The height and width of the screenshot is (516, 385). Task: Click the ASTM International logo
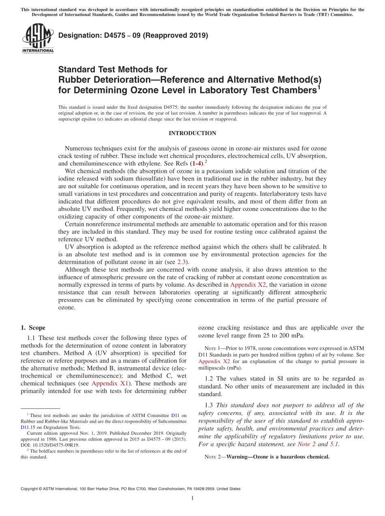point(37,38)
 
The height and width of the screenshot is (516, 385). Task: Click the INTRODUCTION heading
point(192,133)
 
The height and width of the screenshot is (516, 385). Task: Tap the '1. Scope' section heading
point(33,328)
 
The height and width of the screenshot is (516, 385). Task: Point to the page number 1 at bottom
point(192,499)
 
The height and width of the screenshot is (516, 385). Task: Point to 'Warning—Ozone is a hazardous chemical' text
point(278,457)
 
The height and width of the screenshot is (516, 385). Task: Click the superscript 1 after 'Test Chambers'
point(319,86)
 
